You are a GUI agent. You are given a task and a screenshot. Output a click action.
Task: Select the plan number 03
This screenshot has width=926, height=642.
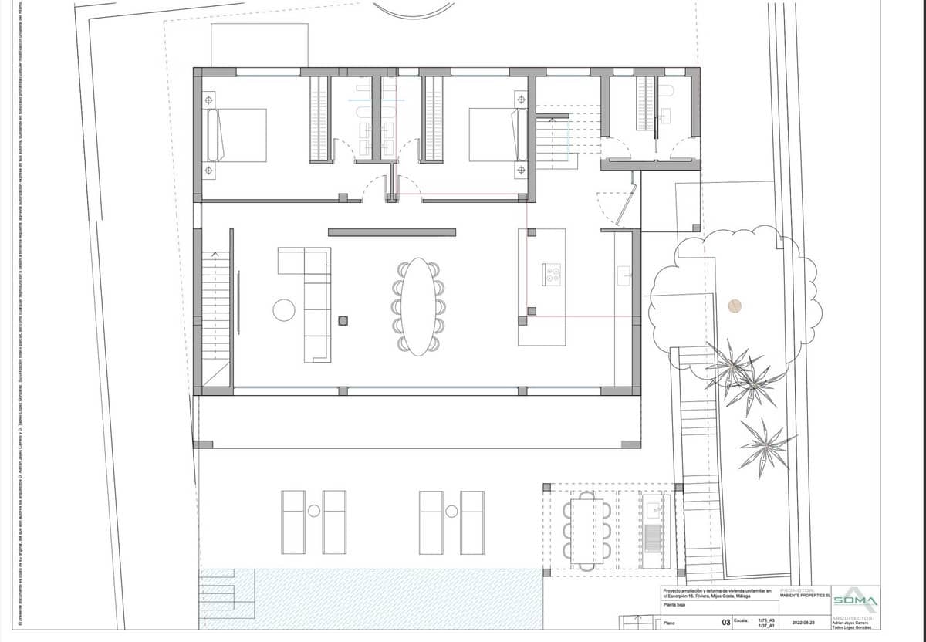tap(725, 622)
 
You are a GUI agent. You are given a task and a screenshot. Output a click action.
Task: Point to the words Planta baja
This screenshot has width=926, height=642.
tap(676, 606)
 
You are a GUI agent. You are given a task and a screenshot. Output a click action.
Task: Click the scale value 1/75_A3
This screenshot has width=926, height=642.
tap(766, 619)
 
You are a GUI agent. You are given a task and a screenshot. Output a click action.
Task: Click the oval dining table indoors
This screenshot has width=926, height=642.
tap(417, 306)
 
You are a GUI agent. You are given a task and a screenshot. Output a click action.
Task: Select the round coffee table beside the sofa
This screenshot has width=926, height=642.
tap(284, 309)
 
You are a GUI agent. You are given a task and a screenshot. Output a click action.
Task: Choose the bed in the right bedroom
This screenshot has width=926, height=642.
tap(495, 135)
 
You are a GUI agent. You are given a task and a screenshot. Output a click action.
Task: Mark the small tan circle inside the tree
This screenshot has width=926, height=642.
tap(735, 306)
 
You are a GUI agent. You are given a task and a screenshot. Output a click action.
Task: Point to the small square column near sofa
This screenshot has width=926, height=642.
tap(343, 320)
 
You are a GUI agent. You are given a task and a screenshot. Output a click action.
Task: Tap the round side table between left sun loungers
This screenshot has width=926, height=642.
tap(314, 511)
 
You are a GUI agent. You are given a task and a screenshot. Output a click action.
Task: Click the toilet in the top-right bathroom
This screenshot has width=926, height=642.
tap(668, 92)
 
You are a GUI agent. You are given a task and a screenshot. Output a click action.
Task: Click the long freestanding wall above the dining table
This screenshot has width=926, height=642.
tap(392, 232)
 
